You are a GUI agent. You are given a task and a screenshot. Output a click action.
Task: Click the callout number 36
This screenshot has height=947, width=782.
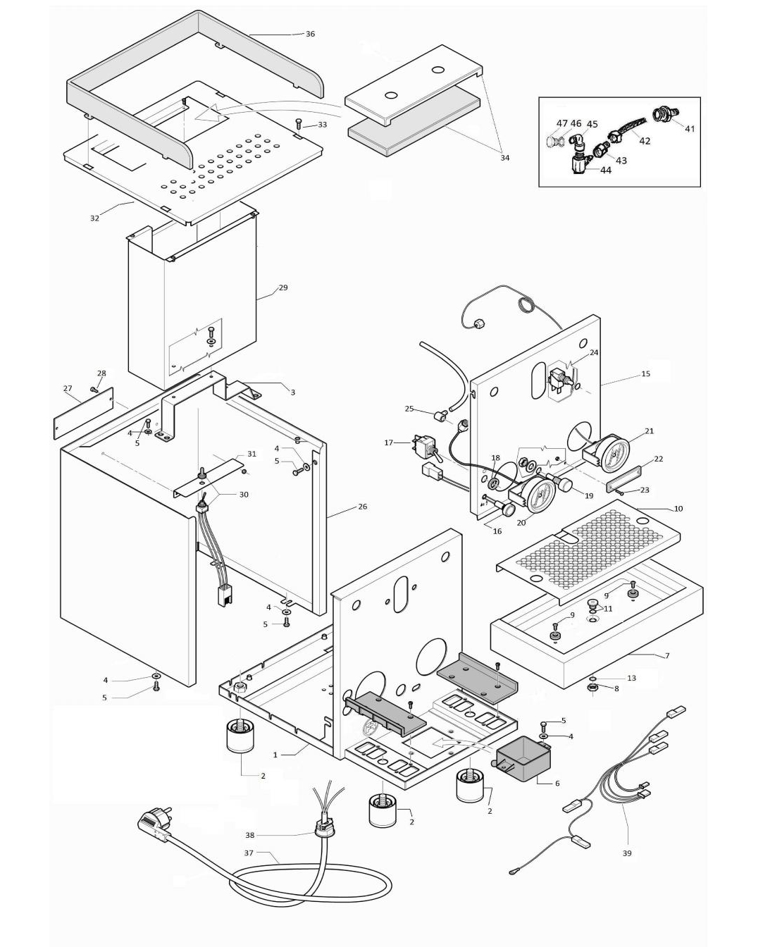tap(310, 34)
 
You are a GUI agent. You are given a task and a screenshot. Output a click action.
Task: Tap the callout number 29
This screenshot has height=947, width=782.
tap(283, 287)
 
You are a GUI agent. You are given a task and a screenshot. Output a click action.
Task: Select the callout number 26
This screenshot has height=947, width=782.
tap(362, 507)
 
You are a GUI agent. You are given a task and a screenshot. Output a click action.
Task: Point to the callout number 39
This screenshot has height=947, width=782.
tap(626, 853)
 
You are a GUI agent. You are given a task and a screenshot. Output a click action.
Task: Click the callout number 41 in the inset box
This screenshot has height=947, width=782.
tap(690, 129)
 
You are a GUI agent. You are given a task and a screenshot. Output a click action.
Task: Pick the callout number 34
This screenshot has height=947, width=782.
tap(504, 158)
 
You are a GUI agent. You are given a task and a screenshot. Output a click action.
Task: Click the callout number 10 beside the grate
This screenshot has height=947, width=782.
tap(678, 508)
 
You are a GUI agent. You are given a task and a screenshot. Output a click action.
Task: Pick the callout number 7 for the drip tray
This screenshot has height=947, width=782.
tap(666, 655)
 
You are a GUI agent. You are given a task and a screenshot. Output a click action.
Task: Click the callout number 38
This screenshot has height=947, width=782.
tap(249, 835)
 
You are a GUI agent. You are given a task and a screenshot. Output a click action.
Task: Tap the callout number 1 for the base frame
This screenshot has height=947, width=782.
tap(275, 755)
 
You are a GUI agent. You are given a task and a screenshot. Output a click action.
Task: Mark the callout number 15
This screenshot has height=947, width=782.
tap(645, 373)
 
